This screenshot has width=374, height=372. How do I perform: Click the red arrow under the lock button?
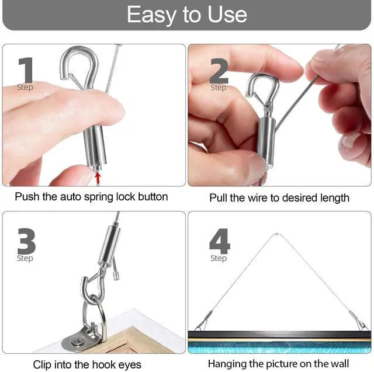click(98, 179)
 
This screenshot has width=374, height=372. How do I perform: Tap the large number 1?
click(26, 70)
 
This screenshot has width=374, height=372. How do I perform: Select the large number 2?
click(219, 71)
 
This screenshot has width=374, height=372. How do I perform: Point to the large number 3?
click(26, 241)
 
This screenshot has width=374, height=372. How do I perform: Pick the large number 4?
click(220, 241)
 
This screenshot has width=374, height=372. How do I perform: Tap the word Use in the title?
click(227, 15)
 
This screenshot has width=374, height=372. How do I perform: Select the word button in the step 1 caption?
click(153, 197)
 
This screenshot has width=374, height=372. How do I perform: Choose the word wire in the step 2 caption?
click(258, 198)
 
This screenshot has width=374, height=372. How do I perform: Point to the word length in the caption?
click(335, 198)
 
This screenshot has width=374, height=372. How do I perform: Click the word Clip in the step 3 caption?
click(41, 364)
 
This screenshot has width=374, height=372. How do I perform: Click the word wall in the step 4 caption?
click(340, 364)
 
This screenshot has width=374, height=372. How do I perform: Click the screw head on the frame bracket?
click(77, 342)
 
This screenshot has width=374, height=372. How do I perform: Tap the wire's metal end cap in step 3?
click(116, 276)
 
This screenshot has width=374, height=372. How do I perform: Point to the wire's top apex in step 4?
click(276, 234)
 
